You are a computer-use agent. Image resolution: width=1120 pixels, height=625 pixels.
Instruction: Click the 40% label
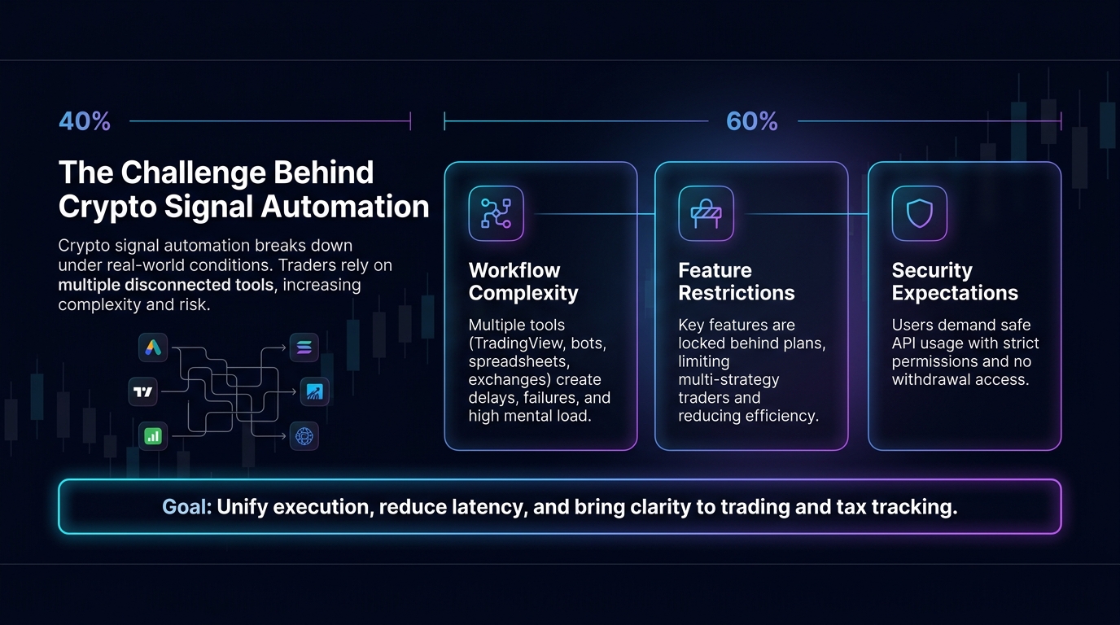[85, 121]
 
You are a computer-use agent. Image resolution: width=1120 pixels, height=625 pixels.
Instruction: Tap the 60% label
[752, 121]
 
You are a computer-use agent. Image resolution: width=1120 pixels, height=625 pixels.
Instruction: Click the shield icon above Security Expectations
[920, 213]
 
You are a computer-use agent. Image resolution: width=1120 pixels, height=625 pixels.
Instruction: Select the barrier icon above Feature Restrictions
[706, 213]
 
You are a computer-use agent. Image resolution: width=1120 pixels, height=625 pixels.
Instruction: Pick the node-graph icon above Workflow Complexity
[496, 213]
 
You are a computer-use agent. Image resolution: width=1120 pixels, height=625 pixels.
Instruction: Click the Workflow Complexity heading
[523, 282]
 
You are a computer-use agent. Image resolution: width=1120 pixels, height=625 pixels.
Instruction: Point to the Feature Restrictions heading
[736, 282]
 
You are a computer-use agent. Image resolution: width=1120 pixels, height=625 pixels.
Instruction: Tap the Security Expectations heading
[955, 282]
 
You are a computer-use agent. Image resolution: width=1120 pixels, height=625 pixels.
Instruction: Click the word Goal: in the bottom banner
[187, 507]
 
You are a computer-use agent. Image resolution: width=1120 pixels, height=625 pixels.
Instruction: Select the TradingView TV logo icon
[143, 392]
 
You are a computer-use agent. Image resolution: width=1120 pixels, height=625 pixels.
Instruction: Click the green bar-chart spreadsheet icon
[153, 436]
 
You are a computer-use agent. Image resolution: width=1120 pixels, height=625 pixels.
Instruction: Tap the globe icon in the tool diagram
[304, 436]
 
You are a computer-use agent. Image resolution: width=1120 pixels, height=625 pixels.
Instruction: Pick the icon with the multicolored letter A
[153, 347]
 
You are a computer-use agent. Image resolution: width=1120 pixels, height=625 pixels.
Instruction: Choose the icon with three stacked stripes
[304, 347]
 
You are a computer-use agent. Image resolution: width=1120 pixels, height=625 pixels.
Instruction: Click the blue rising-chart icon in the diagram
[314, 392]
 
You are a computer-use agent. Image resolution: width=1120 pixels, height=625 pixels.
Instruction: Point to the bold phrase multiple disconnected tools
[165, 285]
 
